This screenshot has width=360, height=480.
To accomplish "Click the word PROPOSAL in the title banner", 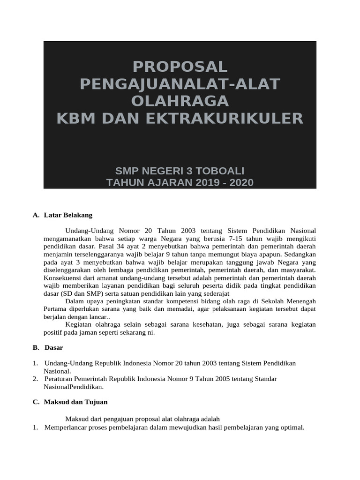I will [180, 66].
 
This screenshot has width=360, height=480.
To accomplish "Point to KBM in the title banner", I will [78, 118].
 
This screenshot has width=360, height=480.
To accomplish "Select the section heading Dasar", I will [54, 347].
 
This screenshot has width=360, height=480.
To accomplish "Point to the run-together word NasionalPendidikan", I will [73, 387].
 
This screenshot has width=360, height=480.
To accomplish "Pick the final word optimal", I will [292, 427].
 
